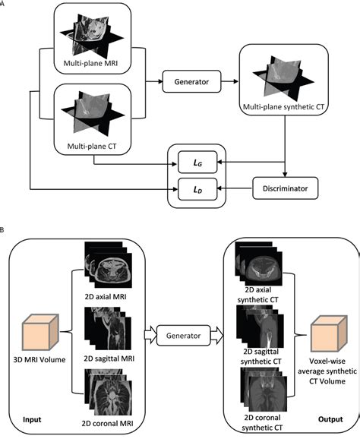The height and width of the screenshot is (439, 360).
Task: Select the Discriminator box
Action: pos(285,185)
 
